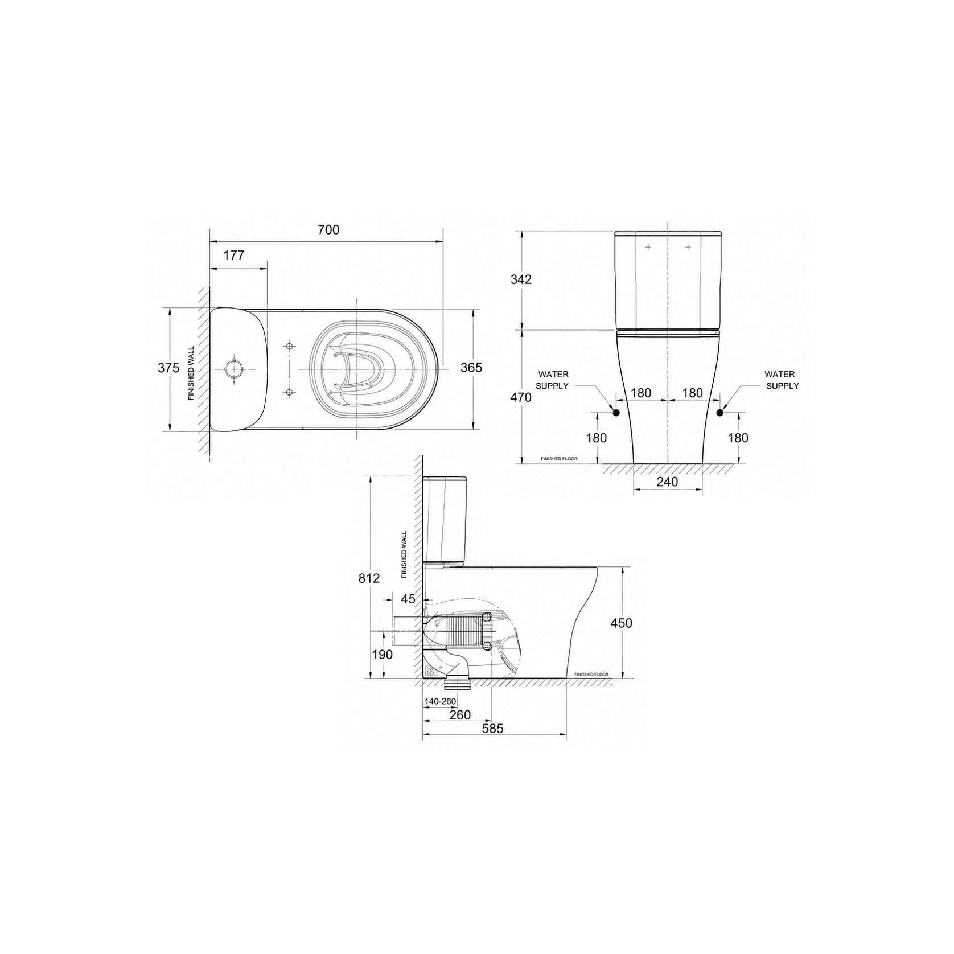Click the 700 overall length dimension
point(328,229)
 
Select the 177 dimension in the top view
point(233,255)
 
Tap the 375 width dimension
point(168,368)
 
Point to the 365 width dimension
point(471,368)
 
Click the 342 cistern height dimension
point(521,279)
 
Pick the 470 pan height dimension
point(521,397)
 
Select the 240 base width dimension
point(667,482)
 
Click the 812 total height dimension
point(369,578)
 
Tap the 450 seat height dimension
point(621,623)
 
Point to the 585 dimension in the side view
point(492,728)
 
